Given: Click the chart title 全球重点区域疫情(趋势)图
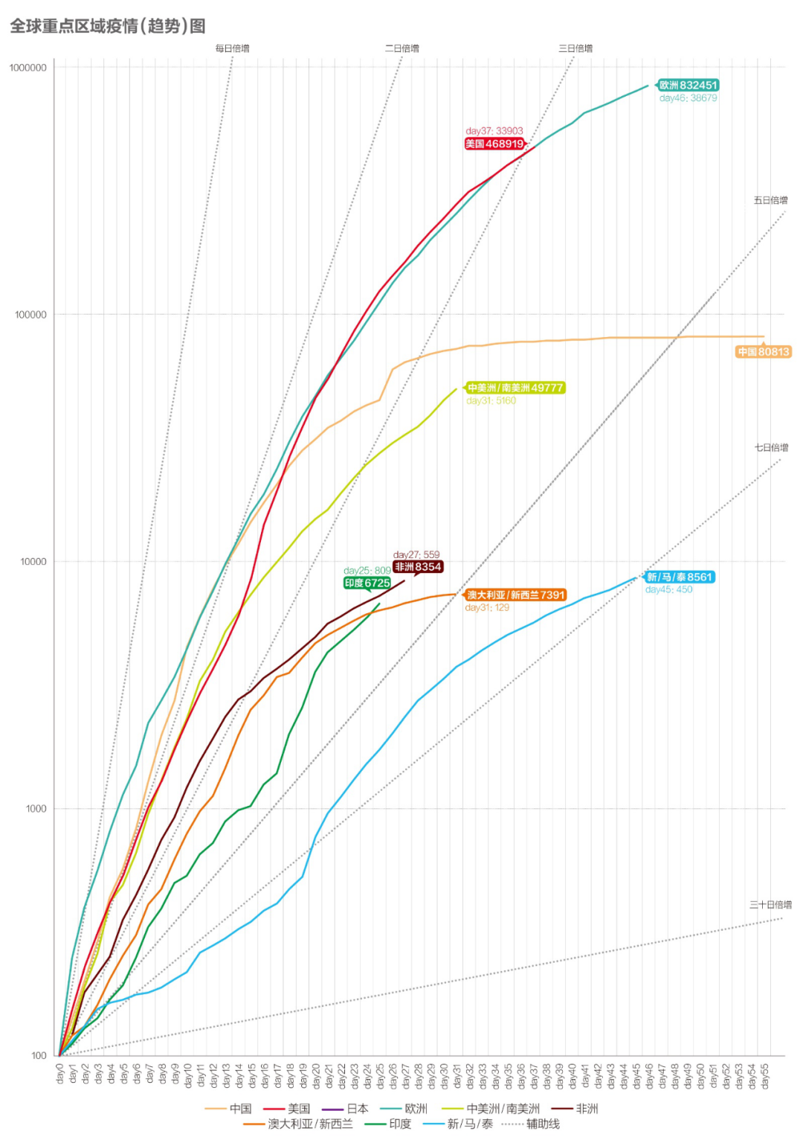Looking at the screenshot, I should tap(108, 26).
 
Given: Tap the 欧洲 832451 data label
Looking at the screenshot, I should tap(688, 85).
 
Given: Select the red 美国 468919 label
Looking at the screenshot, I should tap(494, 144).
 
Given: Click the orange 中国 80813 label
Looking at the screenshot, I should tap(764, 352).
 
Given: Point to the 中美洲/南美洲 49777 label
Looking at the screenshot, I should tap(515, 388).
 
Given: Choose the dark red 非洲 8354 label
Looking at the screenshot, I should tap(419, 567).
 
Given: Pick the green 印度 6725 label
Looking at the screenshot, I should tap(367, 583).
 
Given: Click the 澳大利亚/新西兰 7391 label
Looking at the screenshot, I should tap(516, 595).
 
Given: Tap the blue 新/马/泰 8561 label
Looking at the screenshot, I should tap(680, 577).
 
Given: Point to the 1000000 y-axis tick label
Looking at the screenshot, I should tap(28, 68).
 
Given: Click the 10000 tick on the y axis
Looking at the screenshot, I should tap(33, 562).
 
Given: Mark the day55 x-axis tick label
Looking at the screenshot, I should tap(765, 1076).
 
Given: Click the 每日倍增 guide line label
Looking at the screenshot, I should tap(233, 48).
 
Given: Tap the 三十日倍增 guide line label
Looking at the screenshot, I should tap(770, 905).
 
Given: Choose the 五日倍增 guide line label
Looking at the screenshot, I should tap(770, 200).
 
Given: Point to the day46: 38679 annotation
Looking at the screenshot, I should tap(688, 98).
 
